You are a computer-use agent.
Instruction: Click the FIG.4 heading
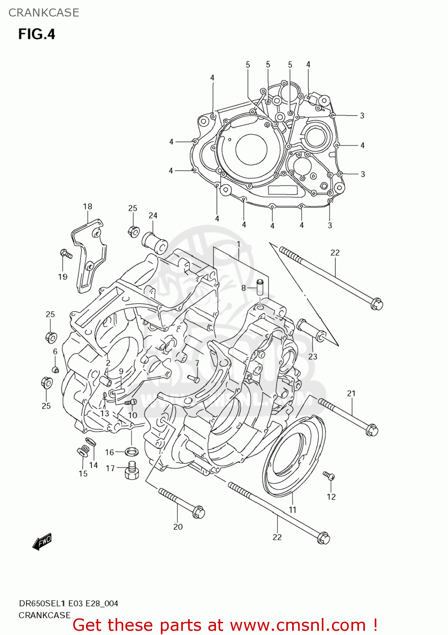(x=36, y=34)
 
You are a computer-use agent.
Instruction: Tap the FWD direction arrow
(x=42, y=541)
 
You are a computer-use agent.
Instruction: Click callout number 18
(x=87, y=207)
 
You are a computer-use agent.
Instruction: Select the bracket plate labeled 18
(x=89, y=254)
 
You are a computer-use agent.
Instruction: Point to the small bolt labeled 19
(x=66, y=254)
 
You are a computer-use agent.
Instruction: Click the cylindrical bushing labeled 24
(x=155, y=243)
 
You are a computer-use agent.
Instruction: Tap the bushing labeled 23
(x=311, y=331)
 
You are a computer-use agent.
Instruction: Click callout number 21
(x=351, y=393)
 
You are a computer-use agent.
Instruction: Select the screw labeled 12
(x=329, y=476)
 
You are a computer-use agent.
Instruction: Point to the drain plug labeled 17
(x=132, y=470)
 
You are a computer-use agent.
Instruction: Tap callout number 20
(x=178, y=527)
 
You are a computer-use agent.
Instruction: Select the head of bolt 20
(x=198, y=512)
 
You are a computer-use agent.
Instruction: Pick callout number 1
(x=238, y=244)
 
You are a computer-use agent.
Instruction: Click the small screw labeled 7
(x=193, y=378)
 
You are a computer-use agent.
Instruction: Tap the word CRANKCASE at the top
(x=44, y=13)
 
